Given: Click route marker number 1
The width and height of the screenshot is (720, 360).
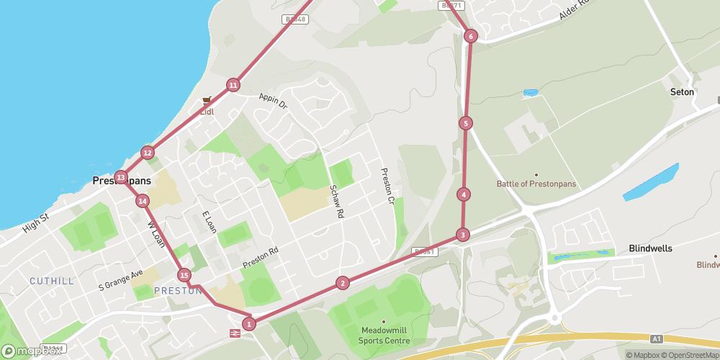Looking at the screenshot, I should point(249,324).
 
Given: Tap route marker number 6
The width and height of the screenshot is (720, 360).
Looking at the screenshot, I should point(470,36).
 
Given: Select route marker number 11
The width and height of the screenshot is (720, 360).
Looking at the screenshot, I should point(233,86).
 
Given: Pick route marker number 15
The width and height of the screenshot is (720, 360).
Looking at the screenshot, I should point(184,275).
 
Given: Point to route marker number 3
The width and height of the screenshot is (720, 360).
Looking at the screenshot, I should point(462,235).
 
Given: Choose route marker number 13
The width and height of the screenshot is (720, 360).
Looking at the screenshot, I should point(121,177).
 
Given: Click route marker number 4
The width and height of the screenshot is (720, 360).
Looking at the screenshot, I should point(464,194).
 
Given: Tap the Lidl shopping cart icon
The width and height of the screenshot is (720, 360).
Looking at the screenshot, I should point(207,101).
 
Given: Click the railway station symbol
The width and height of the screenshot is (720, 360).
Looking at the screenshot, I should point(235,333).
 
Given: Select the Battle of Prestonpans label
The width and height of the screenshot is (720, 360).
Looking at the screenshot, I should point(536,184).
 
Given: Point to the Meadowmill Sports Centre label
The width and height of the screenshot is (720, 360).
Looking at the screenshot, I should point(385,336).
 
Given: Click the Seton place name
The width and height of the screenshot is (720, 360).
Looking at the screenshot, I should point(681,92).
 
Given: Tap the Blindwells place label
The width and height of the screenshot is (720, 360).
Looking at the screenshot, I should point(650,248).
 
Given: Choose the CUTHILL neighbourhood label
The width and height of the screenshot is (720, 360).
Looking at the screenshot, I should point(51,281).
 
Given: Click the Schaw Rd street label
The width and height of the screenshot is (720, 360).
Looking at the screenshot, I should point(336,200).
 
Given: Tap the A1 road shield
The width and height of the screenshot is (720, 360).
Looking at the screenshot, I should point(655,337).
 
